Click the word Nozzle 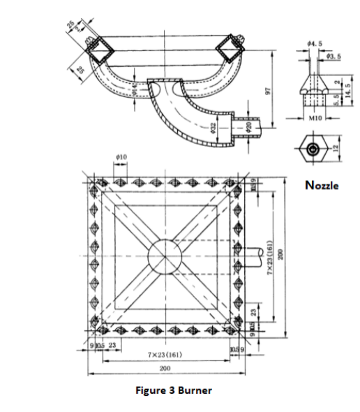pos(322,185)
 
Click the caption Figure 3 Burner pos(174,390)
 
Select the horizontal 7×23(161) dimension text pos(165,355)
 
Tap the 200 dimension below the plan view pos(165,368)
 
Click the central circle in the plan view pos(165,251)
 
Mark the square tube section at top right pos(230,49)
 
